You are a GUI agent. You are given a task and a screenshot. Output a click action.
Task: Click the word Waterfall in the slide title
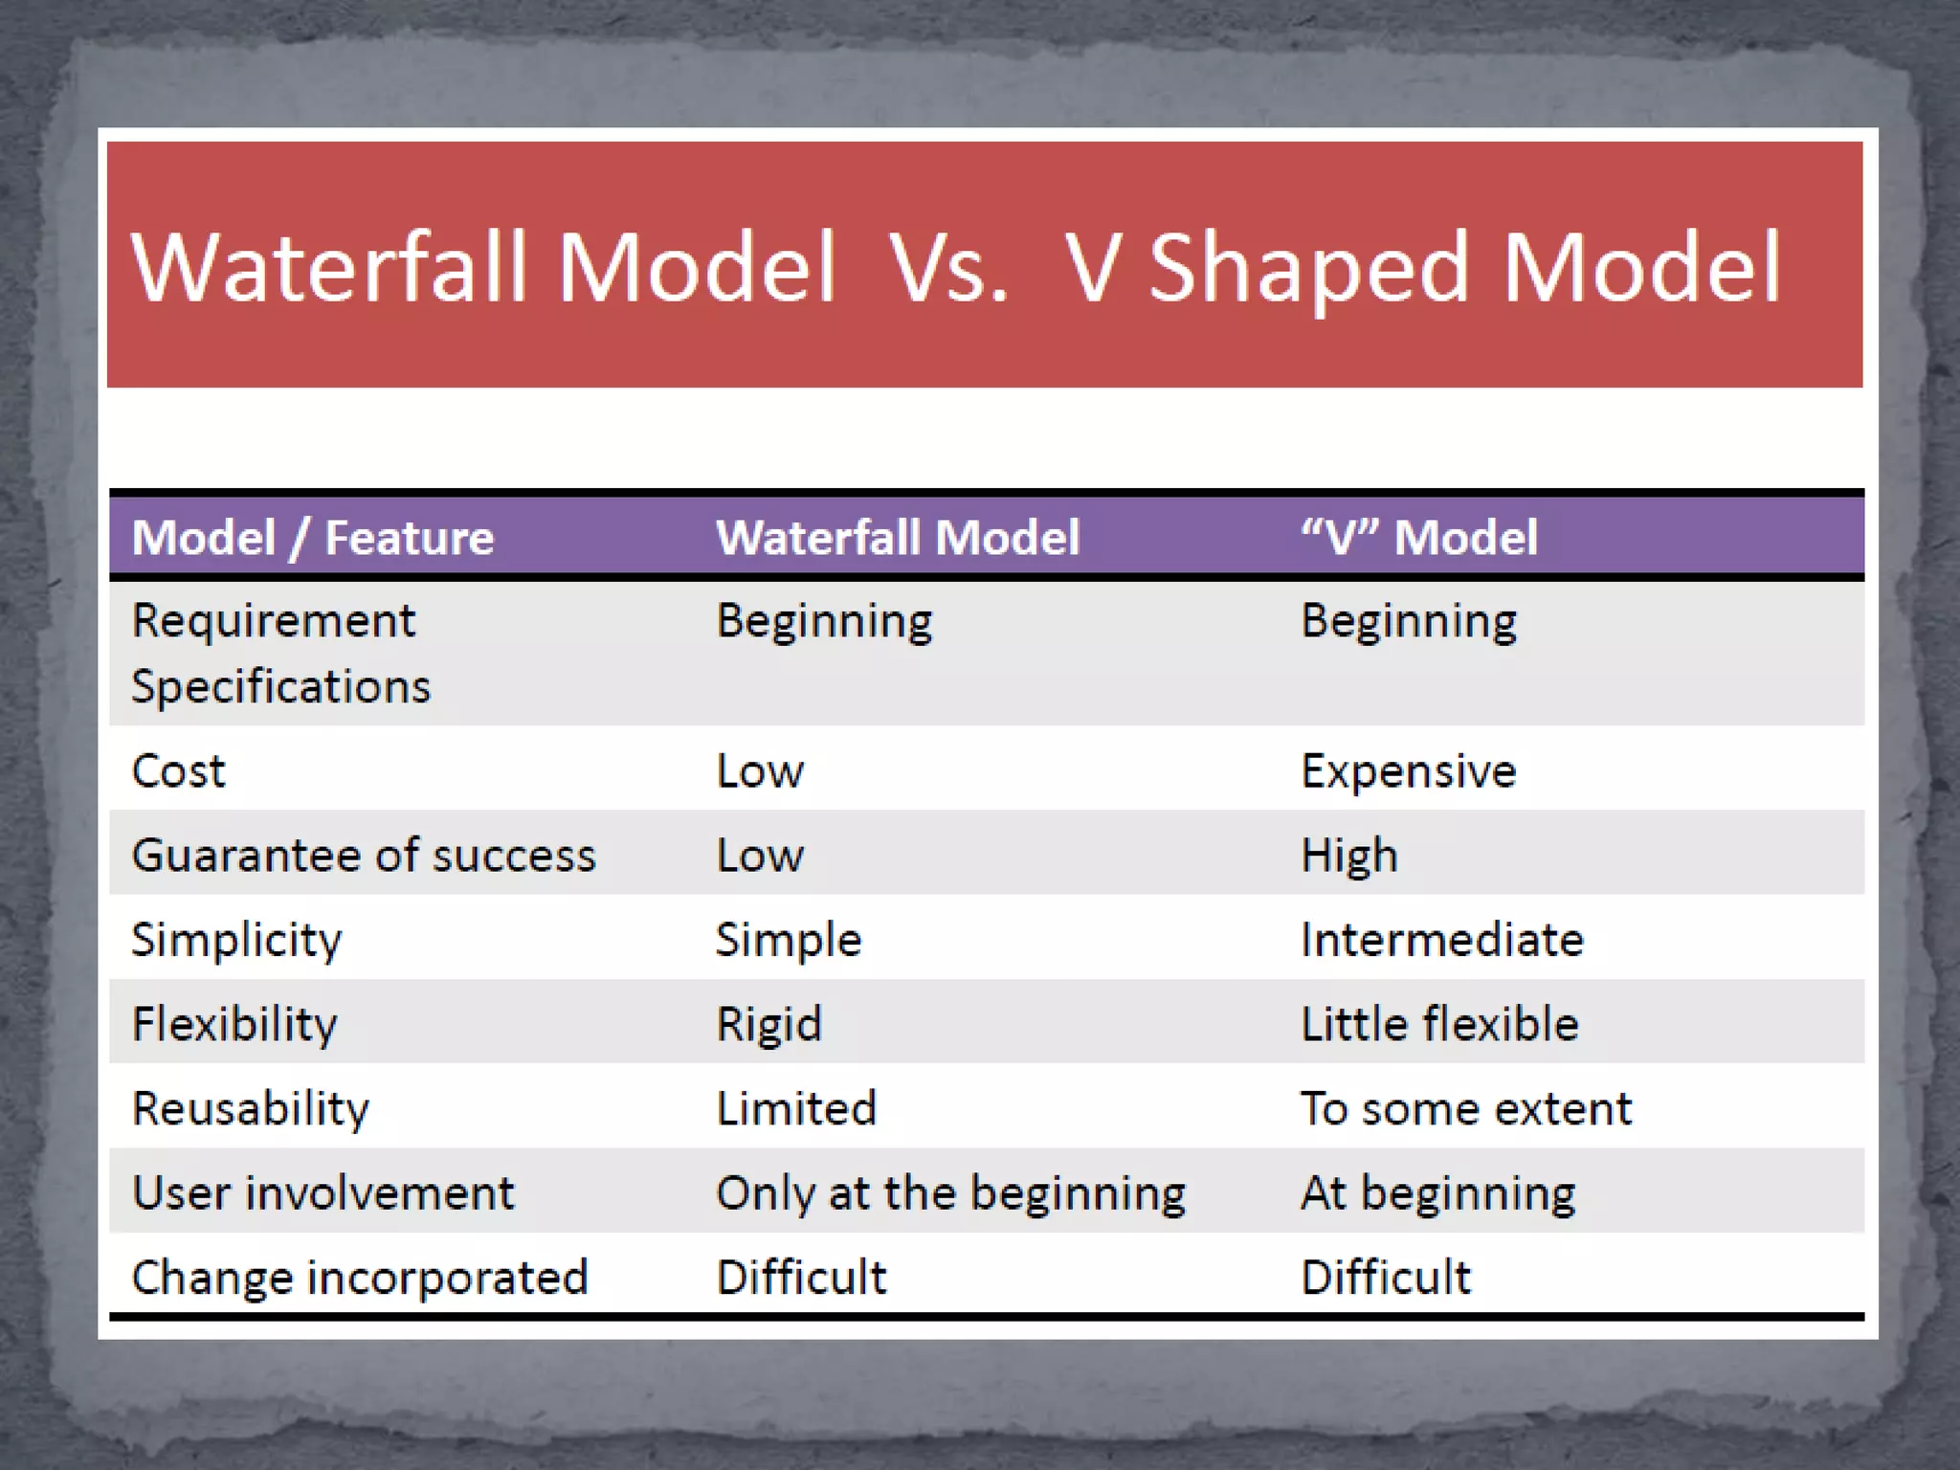pos(329,268)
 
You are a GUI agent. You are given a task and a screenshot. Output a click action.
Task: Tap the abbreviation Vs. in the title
pos(947,268)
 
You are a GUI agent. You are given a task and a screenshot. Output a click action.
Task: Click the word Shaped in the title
pos(1307,270)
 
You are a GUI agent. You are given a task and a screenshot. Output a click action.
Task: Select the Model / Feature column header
pos(313,537)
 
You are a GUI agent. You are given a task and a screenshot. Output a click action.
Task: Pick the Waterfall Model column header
pos(898,537)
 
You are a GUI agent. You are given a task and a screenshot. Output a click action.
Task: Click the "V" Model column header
pos(1419,537)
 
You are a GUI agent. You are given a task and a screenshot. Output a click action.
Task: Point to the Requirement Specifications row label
pos(280,654)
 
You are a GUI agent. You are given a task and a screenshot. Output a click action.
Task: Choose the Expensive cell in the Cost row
pos(1408,771)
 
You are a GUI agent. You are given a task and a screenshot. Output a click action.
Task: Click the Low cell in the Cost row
pos(760,771)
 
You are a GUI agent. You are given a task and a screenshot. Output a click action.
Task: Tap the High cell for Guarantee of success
pos(1348,856)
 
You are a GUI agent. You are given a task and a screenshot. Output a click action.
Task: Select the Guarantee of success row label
pos(364,856)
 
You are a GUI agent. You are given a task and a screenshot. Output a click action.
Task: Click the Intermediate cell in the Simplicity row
pos(1441,940)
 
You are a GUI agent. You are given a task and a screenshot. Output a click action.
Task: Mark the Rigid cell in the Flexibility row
pos(768,1024)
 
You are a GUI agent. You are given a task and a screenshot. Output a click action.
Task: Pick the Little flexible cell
pos(1439,1024)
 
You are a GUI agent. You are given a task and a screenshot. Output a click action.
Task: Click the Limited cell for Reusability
pos(796,1108)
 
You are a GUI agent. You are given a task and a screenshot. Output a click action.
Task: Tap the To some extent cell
pos(1465,1108)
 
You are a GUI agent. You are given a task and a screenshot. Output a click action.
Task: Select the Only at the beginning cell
pos(950,1193)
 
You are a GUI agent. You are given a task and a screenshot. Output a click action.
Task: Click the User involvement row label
pos(323,1193)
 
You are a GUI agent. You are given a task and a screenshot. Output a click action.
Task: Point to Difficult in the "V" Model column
pos(1385,1278)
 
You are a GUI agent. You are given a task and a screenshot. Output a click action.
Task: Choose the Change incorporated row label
pos(359,1278)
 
